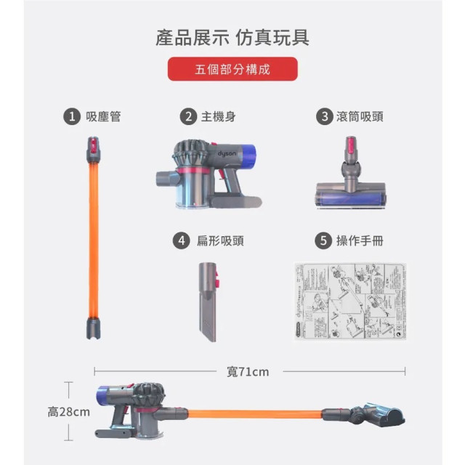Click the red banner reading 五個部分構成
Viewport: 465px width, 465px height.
[232, 70]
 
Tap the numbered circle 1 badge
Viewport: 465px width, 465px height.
[70, 116]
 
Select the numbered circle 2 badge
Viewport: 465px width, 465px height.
[188, 116]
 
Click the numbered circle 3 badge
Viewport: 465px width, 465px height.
[323, 116]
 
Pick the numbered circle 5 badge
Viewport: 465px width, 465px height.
[323, 240]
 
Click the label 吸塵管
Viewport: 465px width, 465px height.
[103, 116]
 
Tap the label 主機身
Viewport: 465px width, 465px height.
[218, 116]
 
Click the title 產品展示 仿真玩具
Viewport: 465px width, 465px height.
[232, 37]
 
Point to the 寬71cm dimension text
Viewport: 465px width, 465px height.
[248, 371]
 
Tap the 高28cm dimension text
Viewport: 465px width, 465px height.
[69, 412]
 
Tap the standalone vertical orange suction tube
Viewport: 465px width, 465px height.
[94, 240]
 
